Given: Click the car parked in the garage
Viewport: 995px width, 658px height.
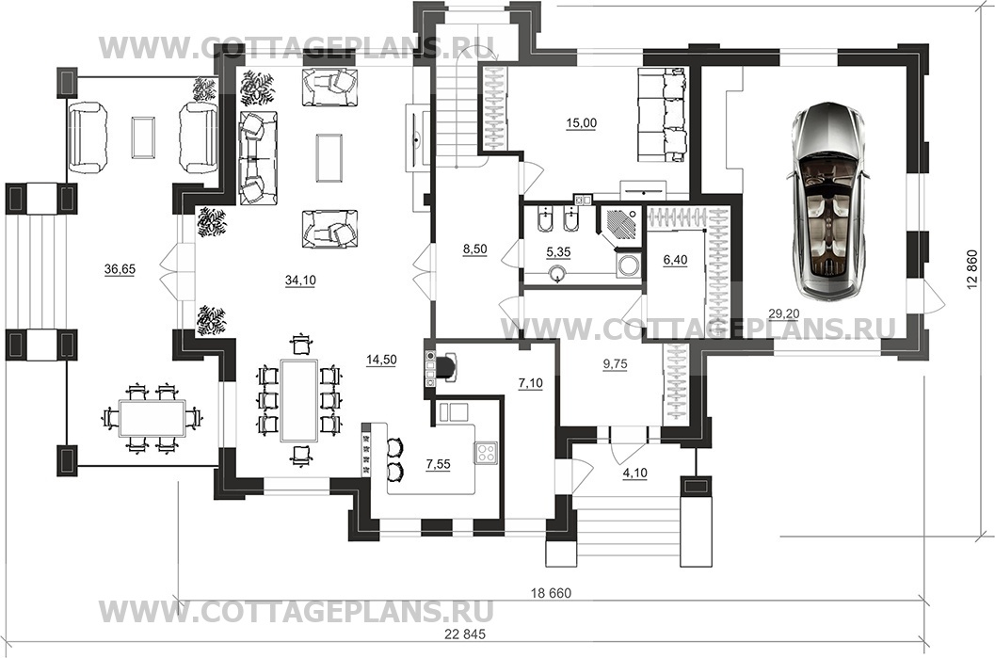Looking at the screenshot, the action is [826, 201].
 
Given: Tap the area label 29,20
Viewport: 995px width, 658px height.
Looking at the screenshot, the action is [784, 313].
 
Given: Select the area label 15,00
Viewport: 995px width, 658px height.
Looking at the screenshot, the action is [581, 123].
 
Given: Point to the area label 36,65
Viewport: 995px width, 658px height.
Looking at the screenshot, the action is [120, 269].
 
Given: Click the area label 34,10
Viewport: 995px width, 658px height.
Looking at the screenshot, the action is [301, 280].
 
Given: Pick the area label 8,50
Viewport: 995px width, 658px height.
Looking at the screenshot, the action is [474, 249].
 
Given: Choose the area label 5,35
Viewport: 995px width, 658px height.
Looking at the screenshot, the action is [558, 252].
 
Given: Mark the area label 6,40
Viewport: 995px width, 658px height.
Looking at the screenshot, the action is [675, 260].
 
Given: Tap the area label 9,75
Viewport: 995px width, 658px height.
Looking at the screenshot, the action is [615, 363].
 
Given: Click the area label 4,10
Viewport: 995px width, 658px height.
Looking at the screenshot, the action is [635, 473].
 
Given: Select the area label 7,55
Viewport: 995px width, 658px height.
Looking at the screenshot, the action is [438, 464].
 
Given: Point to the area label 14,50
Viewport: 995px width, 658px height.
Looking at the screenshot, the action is [381, 360].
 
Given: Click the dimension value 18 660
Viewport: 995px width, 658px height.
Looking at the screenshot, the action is [551, 593].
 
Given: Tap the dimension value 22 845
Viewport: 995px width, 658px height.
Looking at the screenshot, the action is [465, 634].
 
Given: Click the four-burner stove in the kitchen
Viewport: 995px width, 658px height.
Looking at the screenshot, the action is [486, 453].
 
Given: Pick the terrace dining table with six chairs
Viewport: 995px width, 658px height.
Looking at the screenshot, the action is [152, 418].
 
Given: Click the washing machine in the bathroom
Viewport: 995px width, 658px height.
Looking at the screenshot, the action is [628, 265].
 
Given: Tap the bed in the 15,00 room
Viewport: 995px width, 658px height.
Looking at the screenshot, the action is [662, 112].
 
